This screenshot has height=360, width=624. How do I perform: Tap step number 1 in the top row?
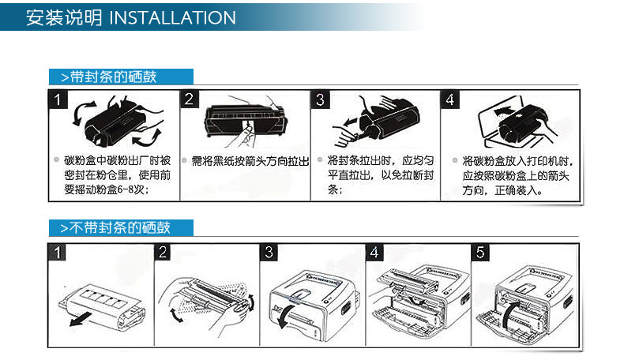point(57,100)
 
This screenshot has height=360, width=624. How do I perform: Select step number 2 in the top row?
point(190,100)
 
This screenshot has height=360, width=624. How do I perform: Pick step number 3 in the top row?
point(320,100)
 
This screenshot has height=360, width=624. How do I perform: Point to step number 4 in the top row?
point(450,100)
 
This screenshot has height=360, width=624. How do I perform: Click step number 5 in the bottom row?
point(480,253)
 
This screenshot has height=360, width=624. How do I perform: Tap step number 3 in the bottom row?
point(269,253)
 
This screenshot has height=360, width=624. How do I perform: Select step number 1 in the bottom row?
point(57,253)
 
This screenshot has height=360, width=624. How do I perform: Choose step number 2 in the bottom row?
point(163,253)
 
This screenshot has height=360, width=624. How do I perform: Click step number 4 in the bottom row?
point(374,253)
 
